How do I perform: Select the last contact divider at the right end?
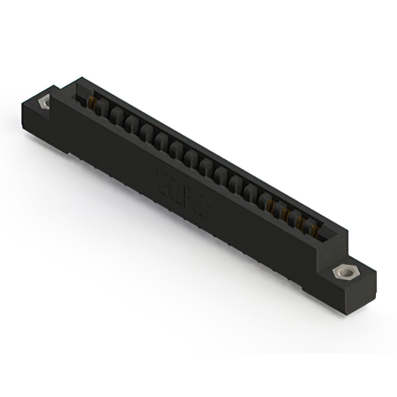tap(308, 229)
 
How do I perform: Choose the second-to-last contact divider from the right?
tap(295, 221)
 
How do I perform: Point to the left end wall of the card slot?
tap(79, 92)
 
